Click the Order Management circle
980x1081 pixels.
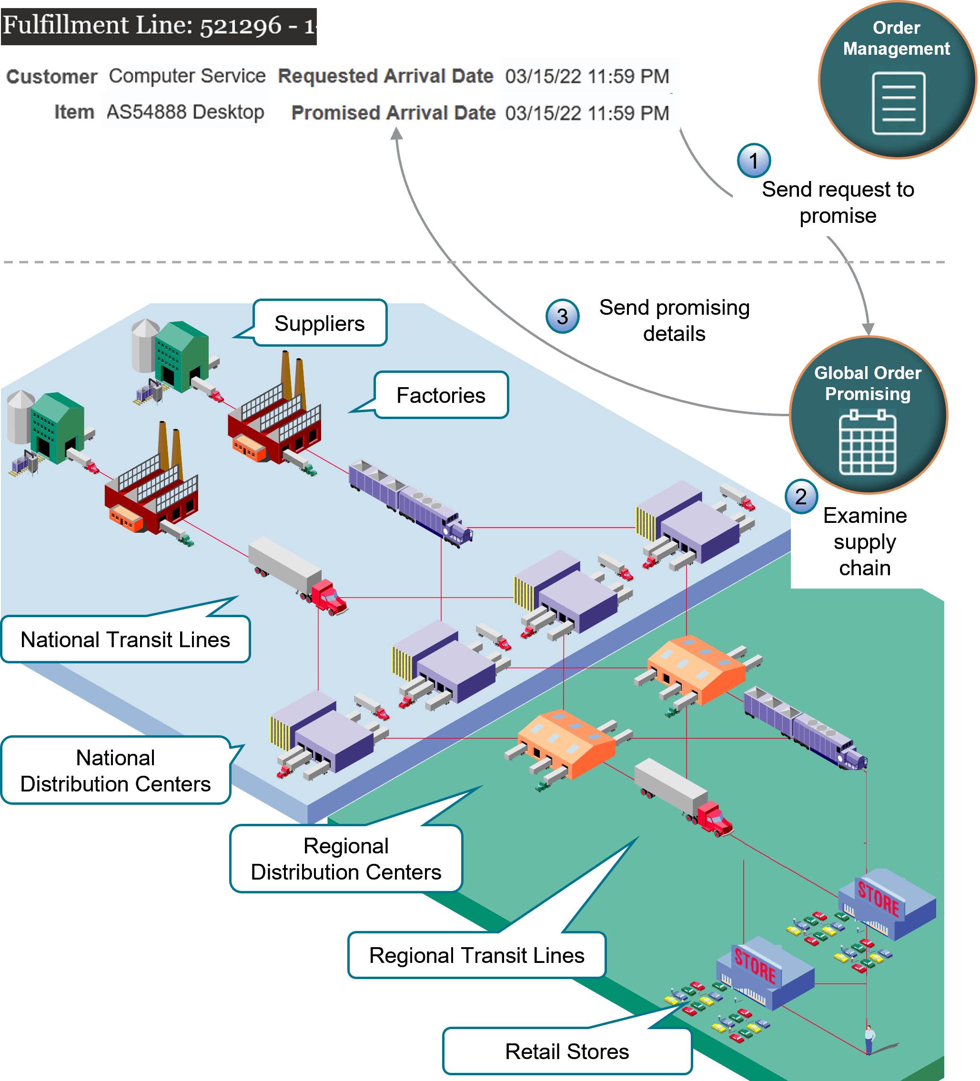pyautogui.click(x=897, y=80)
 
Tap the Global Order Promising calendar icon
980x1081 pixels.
pyautogui.click(x=868, y=442)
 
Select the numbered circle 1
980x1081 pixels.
pyautogui.click(x=754, y=161)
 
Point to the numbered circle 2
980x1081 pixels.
pyautogui.click(x=801, y=497)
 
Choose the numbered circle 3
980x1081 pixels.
pyautogui.click(x=562, y=316)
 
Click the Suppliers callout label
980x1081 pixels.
pyautogui.click(x=320, y=323)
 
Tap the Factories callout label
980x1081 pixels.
pyautogui.click(x=440, y=395)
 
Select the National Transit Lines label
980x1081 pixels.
pyautogui.click(x=125, y=639)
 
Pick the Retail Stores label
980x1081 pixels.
pyautogui.click(x=566, y=1051)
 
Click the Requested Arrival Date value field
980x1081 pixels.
pyautogui.click(x=588, y=76)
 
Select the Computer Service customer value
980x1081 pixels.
pyautogui.click(x=187, y=76)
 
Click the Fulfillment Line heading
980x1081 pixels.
pyautogui.click(x=159, y=26)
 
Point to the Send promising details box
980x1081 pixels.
pyautogui.click(x=674, y=320)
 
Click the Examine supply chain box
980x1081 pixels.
pyautogui.click(x=865, y=541)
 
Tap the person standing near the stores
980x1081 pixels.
pyautogui.click(x=869, y=1039)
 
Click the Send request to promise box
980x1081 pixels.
pyautogui.click(x=838, y=202)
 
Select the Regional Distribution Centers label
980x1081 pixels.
pyautogui.click(x=346, y=859)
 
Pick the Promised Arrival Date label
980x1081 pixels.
pyautogui.click(x=393, y=112)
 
